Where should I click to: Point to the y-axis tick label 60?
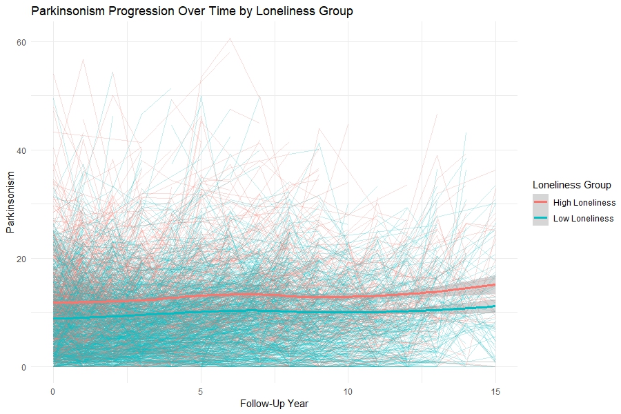[x=21, y=42]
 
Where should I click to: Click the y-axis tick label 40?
[x=21, y=150]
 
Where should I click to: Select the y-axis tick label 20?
[x=21, y=258]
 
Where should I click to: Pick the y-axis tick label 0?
[x=23, y=366]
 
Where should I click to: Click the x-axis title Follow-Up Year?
[x=274, y=404]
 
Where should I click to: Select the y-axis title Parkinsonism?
[x=10, y=205]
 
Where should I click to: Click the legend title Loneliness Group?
[x=572, y=185]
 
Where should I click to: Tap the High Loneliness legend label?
[x=583, y=202]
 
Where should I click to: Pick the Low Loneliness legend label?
[x=582, y=219]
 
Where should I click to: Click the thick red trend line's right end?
[x=494, y=284]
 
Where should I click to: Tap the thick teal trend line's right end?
[x=494, y=306]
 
